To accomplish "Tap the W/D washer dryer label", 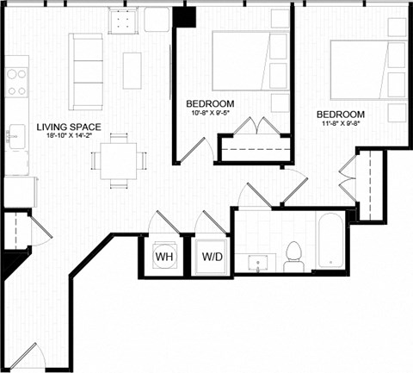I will [211, 256].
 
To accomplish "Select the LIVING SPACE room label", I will [69, 128].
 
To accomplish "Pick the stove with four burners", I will [16, 81].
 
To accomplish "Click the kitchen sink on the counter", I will [16, 134].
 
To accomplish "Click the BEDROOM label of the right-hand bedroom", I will [340, 114].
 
